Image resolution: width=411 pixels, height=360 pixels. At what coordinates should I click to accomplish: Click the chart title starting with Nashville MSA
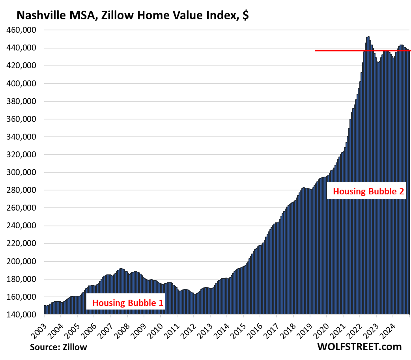[x=132, y=15]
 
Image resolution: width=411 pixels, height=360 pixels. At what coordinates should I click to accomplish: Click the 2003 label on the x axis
[x=38, y=326]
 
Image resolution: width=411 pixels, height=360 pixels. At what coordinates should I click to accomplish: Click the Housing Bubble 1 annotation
[x=128, y=303]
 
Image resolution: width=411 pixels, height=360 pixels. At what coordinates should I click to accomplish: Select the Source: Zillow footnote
[x=58, y=347]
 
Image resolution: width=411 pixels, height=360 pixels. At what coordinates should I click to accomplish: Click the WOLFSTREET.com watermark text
[x=359, y=347]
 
